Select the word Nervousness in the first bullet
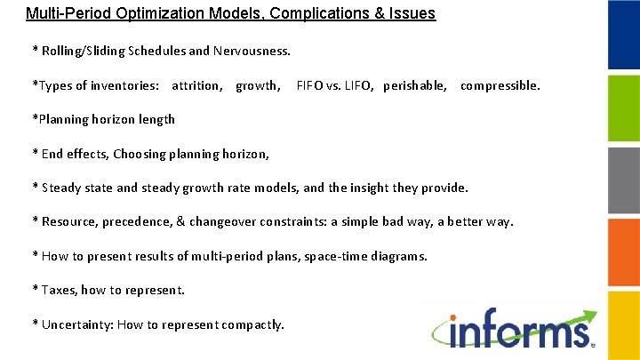tap(252, 51)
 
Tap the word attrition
tap(196, 85)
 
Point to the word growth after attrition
tap(257, 85)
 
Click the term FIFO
tap(311, 85)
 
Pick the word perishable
tap(415, 85)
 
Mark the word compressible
tap(500, 85)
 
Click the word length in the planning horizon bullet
tap(156, 119)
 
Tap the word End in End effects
tap(52, 154)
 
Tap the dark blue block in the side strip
tap(623, 36)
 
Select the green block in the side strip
tap(623, 108)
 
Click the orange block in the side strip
tap(623, 252)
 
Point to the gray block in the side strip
tap(623, 180)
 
